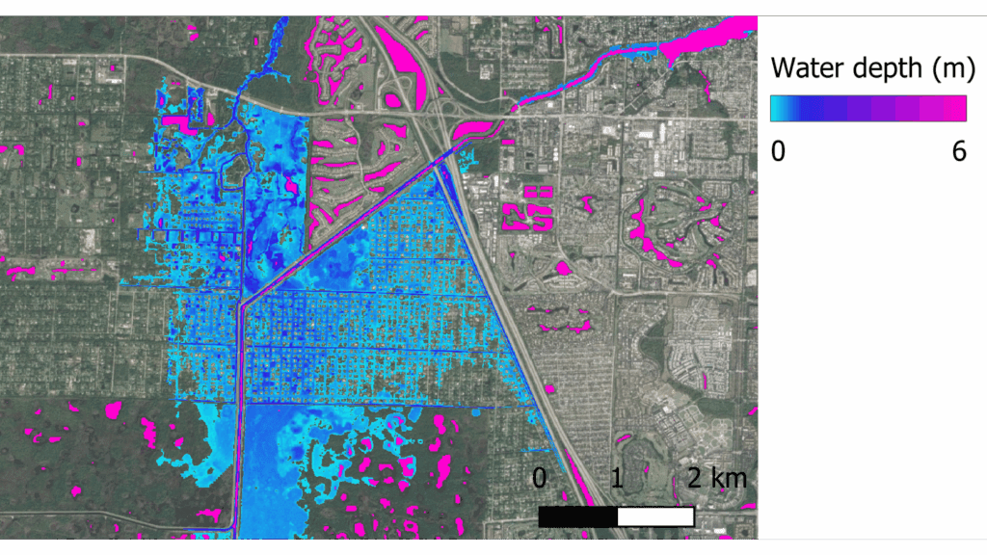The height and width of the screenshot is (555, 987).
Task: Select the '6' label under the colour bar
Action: click(x=958, y=150)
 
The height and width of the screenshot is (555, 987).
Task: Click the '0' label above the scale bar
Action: click(x=540, y=478)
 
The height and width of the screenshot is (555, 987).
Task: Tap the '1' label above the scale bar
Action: click(x=617, y=478)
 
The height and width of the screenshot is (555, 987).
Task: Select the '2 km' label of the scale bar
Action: click(x=716, y=478)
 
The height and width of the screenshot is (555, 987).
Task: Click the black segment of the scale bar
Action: click(x=577, y=516)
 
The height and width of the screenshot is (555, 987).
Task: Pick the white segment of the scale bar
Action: click(x=655, y=516)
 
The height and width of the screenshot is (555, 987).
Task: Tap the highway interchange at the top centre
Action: click(x=428, y=87)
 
